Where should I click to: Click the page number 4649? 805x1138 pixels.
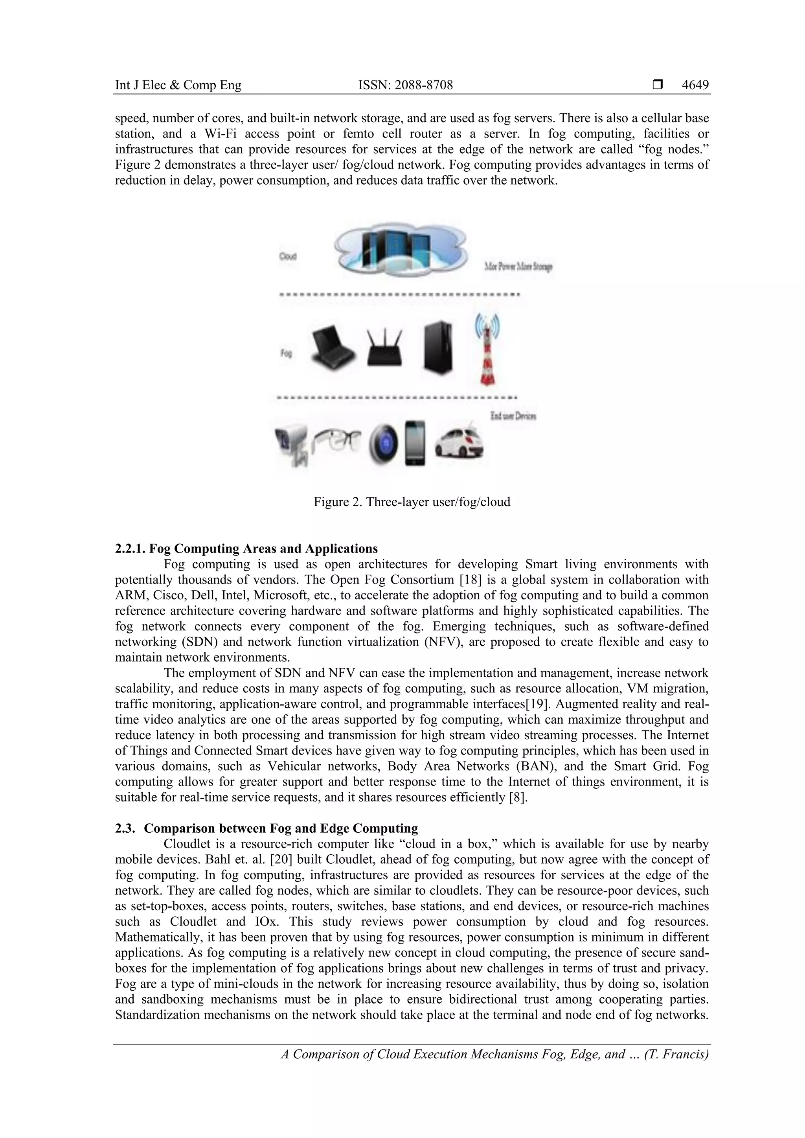coord(695,85)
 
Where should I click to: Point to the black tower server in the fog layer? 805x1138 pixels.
coord(438,348)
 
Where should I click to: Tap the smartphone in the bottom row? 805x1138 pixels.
coord(415,442)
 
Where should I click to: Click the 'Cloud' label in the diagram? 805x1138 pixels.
coord(288,256)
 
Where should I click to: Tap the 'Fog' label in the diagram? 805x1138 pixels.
coord(286,353)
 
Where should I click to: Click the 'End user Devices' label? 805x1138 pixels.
coord(513,417)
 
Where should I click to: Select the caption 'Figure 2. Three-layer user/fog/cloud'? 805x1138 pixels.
coord(412,502)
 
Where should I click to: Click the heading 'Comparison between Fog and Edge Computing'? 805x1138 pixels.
coord(281,828)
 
